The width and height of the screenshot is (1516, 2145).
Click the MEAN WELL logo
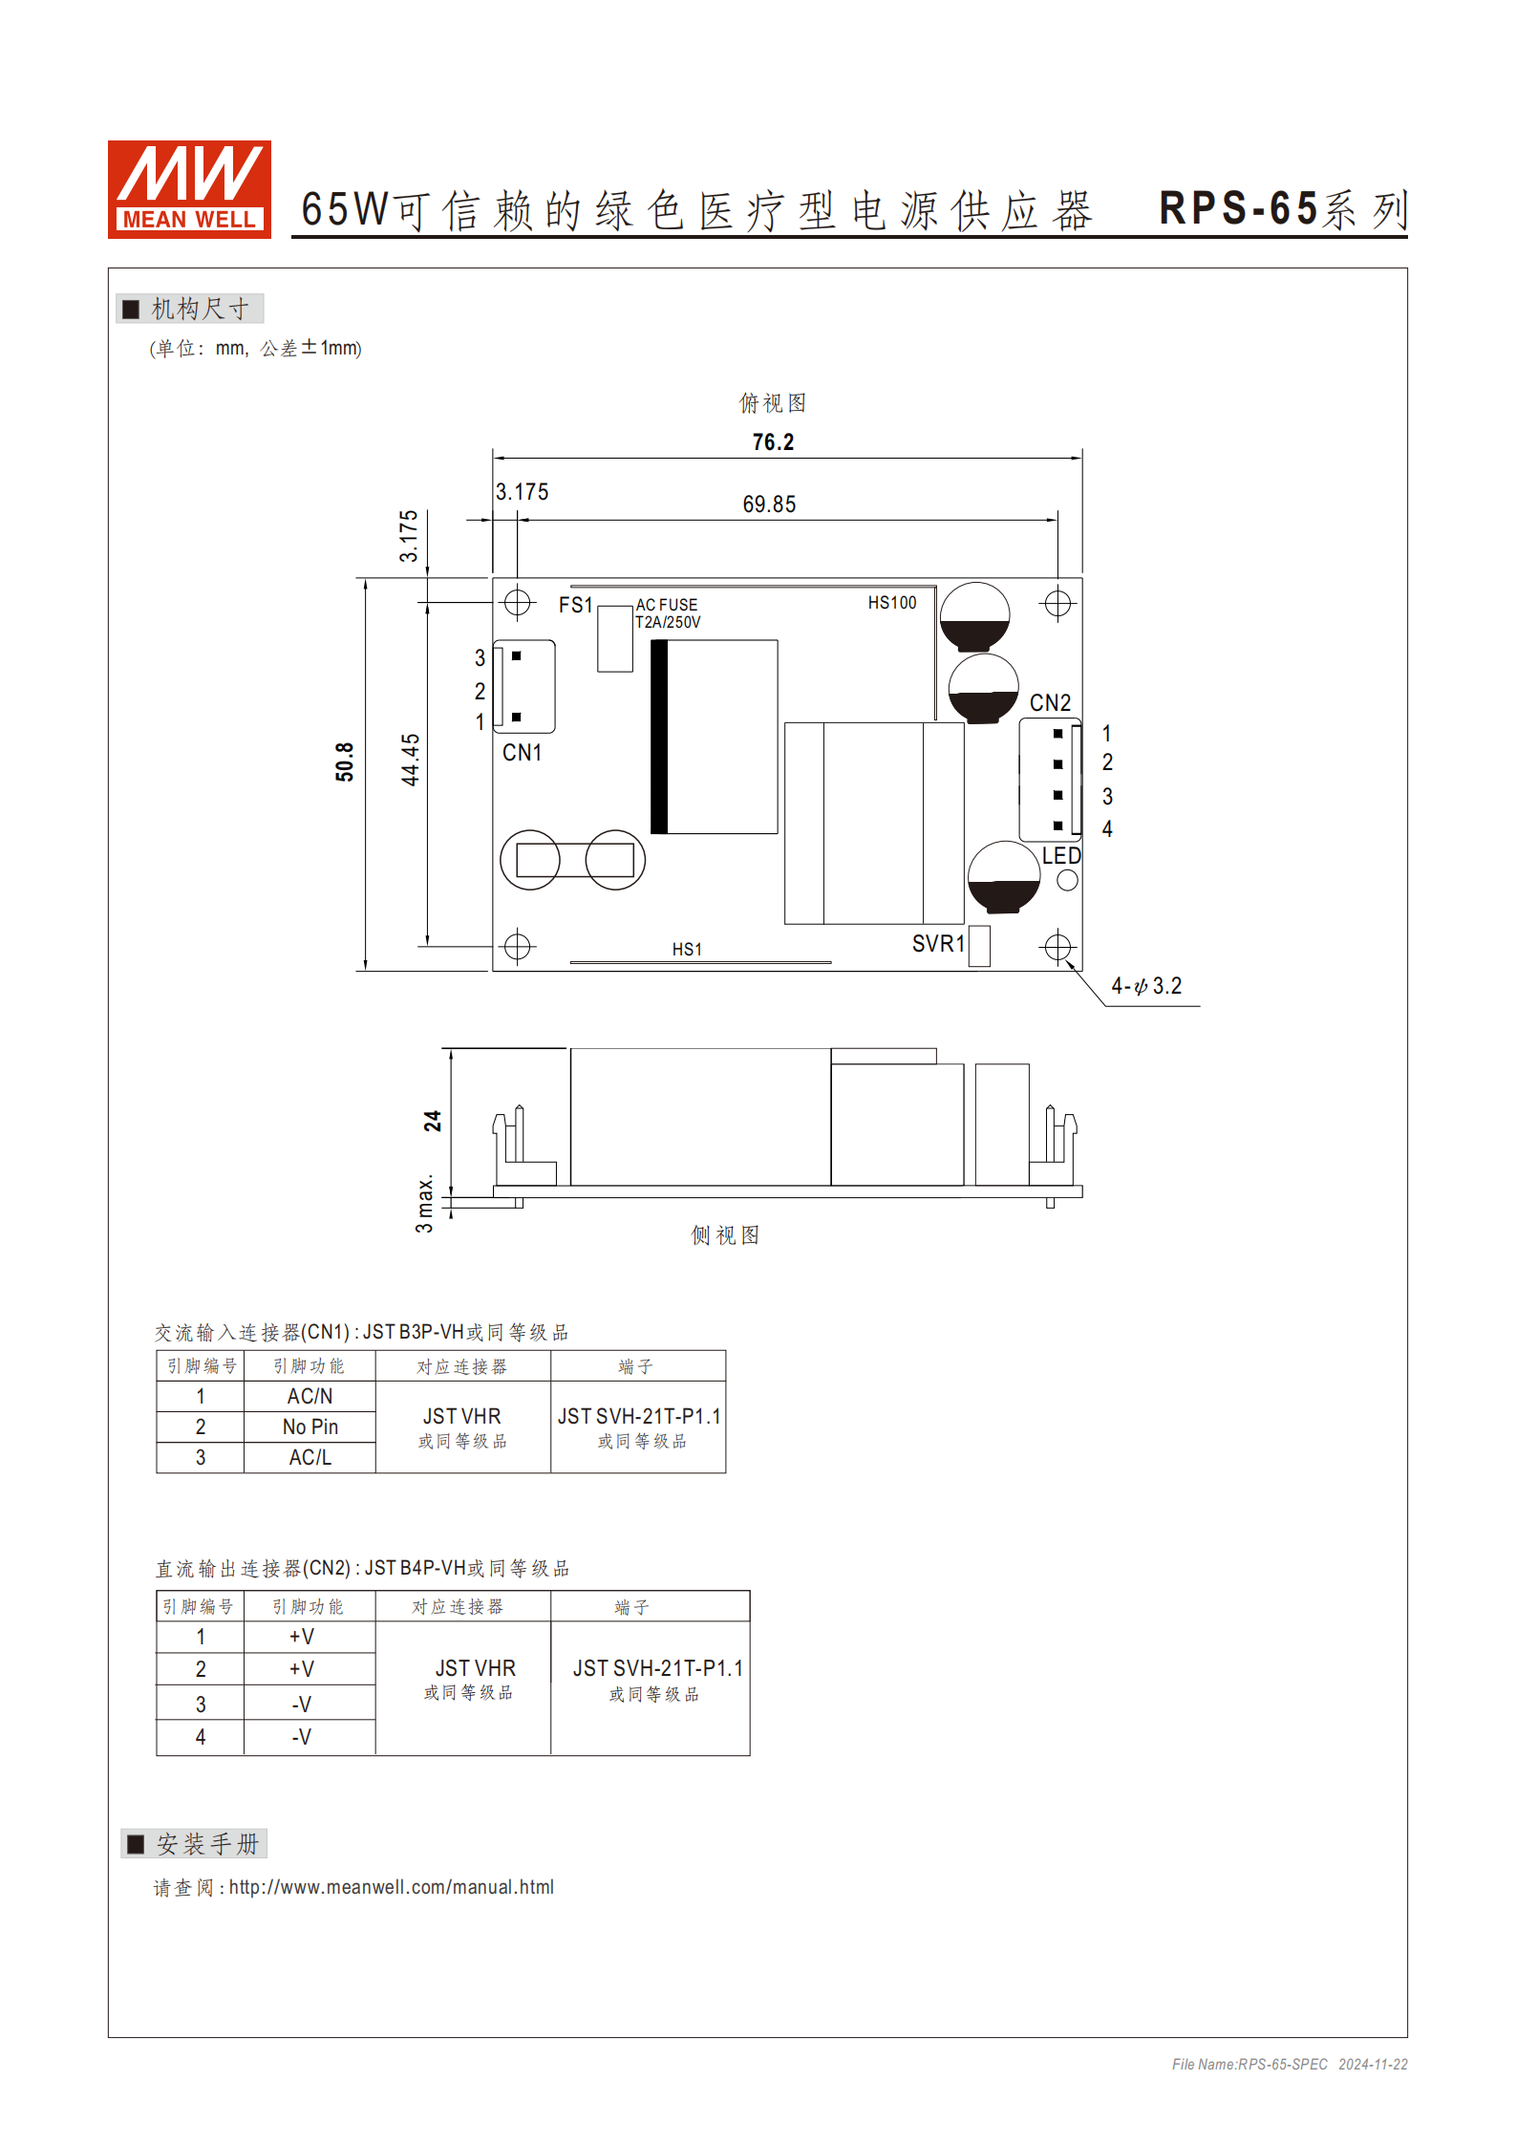(189, 189)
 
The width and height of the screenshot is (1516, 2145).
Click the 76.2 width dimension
(773, 442)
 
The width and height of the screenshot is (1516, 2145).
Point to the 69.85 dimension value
(769, 504)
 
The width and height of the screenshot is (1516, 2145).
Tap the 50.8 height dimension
(345, 761)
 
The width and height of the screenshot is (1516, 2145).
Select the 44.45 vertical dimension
(410, 760)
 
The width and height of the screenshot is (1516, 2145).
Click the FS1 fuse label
(575, 605)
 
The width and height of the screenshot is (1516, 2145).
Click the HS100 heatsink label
(891, 603)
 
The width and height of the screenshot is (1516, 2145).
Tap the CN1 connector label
(522, 753)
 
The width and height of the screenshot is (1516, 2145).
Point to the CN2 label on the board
(1050, 703)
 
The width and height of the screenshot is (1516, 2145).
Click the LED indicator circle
(1067, 880)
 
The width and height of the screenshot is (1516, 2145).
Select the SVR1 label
(937, 944)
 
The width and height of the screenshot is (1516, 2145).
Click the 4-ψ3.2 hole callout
(1146, 986)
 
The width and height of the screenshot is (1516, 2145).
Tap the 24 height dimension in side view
(433, 1121)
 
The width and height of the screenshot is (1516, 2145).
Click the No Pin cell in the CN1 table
(310, 1426)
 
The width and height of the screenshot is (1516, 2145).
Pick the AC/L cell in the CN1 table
(310, 1457)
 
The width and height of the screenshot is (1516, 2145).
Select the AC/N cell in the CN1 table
(310, 1396)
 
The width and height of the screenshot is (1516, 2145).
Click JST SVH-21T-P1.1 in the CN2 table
(657, 1668)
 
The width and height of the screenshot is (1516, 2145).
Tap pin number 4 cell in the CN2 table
(201, 1737)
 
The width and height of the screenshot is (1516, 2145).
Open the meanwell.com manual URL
(391, 1887)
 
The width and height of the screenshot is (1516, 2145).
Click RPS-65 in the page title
(1238, 209)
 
